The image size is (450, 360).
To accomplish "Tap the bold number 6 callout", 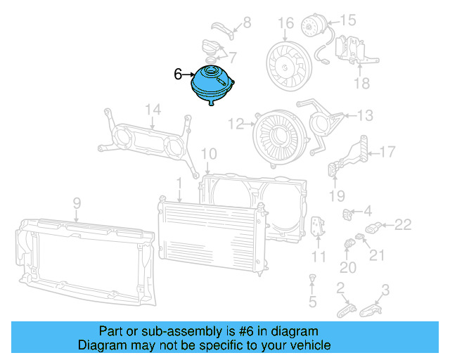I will click(x=178, y=73).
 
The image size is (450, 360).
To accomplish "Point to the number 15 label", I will click(x=349, y=20).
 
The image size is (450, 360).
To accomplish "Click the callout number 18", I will click(x=361, y=84).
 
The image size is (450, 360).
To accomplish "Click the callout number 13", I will click(x=365, y=115).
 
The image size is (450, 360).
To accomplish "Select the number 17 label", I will click(x=388, y=151).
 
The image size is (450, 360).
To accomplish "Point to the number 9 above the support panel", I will click(x=77, y=204).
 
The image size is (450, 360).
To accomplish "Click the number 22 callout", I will click(x=402, y=225).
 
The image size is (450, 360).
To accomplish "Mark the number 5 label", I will click(x=313, y=302).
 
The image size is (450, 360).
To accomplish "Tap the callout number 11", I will click(x=319, y=256).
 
